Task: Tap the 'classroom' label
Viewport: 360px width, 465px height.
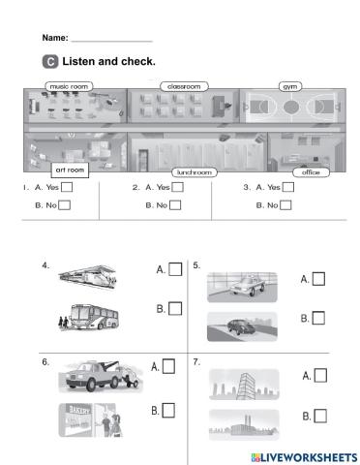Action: pyautogui.click(x=183, y=86)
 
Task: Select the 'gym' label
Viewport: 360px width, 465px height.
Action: pyautogui.click(x=289, y=86)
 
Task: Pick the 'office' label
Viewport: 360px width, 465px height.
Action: pyautogui.click(x=310, y=172)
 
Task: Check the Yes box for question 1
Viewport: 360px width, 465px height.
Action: pyautogui.click(x=66, y=188)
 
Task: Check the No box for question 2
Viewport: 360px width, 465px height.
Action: pyautogui.click(x=175, y=204)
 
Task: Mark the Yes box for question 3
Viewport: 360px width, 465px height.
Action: pyautogui.click(x=288, y=188)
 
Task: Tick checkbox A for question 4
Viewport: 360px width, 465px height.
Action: pyautogui.click(x=175, y=269)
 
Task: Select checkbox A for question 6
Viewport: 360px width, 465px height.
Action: pyautogui.click(x=168, y=366)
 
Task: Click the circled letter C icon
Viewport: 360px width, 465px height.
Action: pyautogui.click(x=50, y=62)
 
